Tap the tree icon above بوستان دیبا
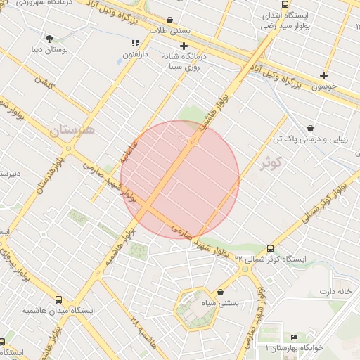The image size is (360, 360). click(49, 39)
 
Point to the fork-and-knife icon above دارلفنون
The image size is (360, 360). click(135, 43)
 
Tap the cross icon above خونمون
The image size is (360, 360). click(323, 75)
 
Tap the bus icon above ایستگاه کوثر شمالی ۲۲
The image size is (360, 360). click(271, 248)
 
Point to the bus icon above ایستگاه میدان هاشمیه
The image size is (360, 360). click(58, 299)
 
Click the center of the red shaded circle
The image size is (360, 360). click(180, 179)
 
